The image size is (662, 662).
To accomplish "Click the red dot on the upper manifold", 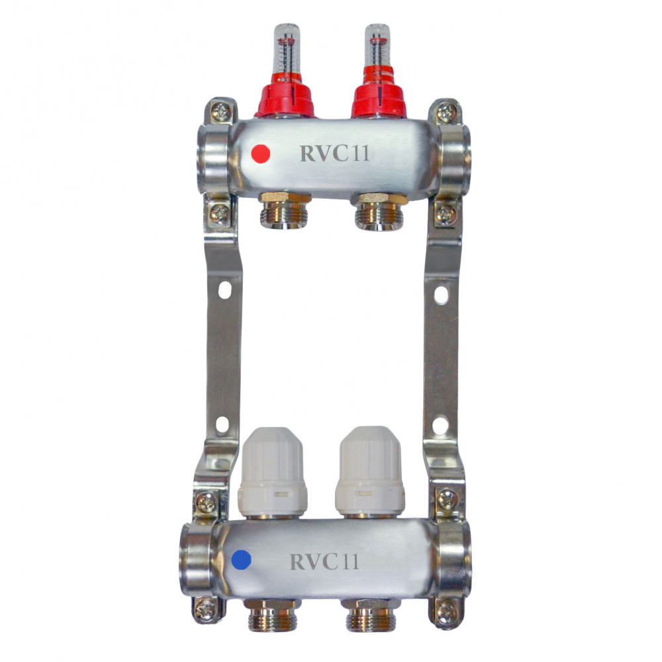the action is [x=260, y=154].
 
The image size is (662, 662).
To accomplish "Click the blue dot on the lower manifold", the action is [x=242, y=560].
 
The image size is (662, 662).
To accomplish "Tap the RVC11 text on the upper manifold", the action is [x=334, y=154].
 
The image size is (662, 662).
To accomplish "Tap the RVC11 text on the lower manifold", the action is [x=324, y=561].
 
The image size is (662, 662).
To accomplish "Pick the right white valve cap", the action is [x=370, y=471].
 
